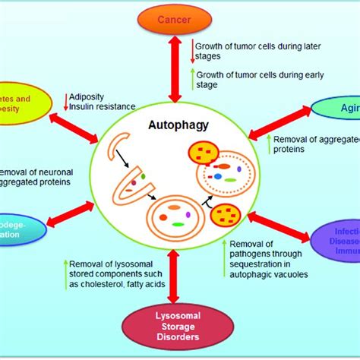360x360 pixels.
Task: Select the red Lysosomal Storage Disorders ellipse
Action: coord(180,326)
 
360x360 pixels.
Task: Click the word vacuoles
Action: coord(289,273)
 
